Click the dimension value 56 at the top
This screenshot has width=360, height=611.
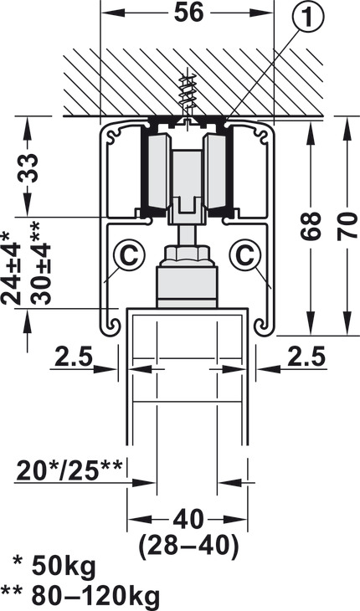188,13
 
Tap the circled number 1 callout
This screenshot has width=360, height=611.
308,17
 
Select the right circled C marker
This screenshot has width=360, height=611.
245,255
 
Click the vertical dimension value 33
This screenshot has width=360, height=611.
28,168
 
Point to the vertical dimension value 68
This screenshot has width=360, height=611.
311,226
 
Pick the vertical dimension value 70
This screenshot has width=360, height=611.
347,226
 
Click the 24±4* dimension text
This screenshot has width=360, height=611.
11,268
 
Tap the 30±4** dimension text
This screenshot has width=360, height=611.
40,263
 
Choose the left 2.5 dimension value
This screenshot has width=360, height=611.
73,357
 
